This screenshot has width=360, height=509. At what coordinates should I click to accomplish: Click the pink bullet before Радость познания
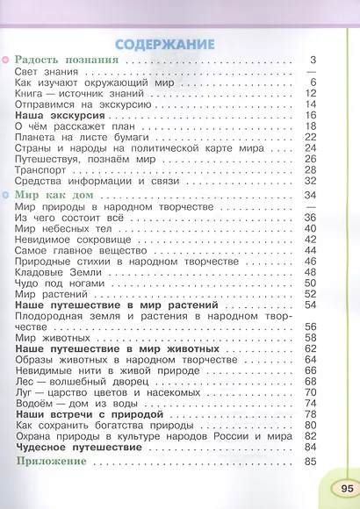tap(5, 61)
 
